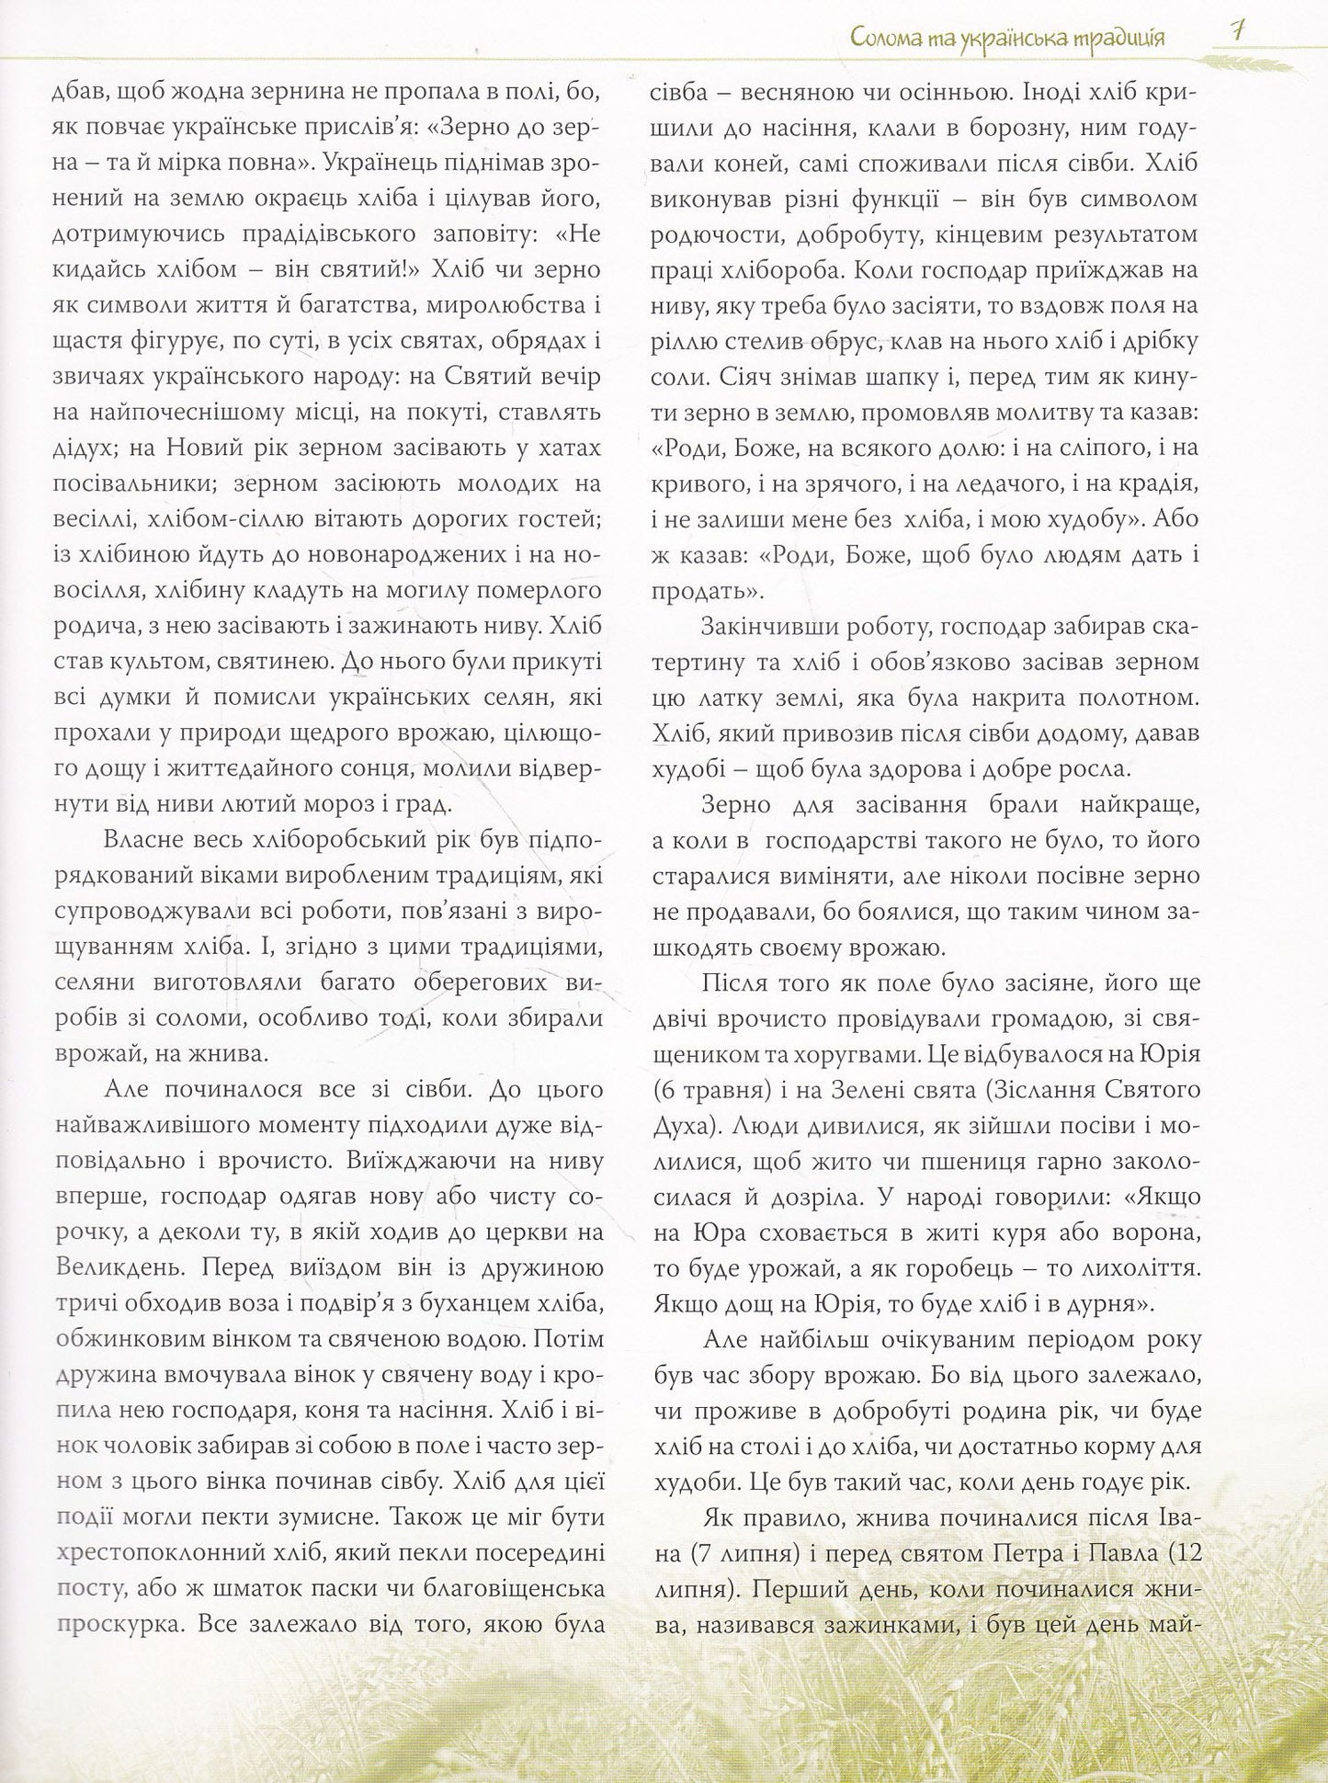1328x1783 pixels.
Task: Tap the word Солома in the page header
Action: click(x=885, y=39)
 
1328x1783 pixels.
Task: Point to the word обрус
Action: click(x=830, y=344)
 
